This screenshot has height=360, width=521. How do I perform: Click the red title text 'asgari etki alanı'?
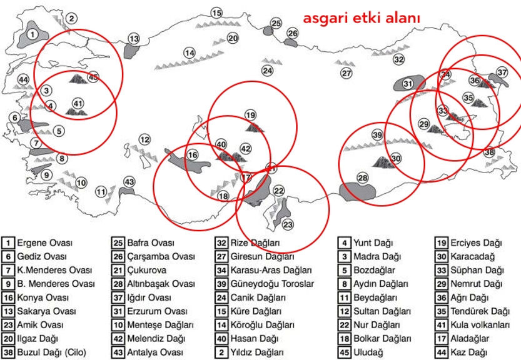point(361,19)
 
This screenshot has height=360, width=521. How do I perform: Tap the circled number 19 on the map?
point(251,115)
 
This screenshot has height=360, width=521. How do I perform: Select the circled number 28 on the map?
point(363,179)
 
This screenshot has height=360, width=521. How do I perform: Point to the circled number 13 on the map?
point(134,39)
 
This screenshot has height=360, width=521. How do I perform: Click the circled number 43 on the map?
point(129,182)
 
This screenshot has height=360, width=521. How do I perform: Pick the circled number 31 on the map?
point(408,83)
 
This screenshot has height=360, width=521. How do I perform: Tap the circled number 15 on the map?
point(217,13)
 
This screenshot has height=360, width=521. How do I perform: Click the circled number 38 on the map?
point(489,152)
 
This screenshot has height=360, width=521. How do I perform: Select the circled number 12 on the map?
point(145,139)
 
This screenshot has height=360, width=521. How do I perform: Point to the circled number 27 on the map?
point(346,73)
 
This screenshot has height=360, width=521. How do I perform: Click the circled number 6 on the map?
point(14,117)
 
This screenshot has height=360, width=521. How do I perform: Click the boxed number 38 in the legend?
point(8,352)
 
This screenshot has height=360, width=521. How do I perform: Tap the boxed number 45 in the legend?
point(345,352)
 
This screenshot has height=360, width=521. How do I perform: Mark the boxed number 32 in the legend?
point(221,242)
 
